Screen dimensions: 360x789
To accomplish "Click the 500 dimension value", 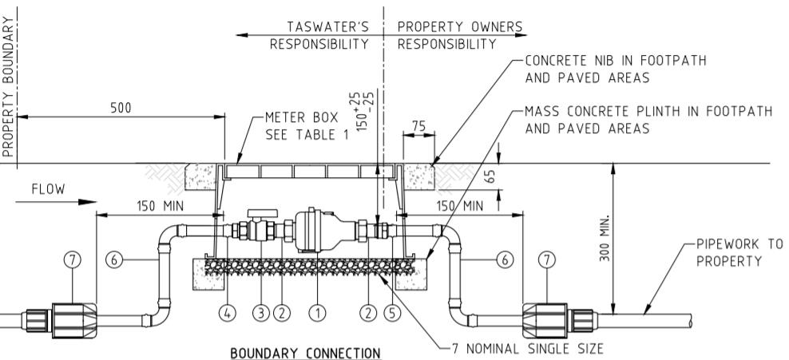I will pos(121,108).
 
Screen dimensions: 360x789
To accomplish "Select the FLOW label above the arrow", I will pos(48,190).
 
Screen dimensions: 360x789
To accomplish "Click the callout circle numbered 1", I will pos(317,312).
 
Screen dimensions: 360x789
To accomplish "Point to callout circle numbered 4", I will pos(230,312).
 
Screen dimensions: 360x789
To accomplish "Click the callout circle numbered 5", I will pos(391,312).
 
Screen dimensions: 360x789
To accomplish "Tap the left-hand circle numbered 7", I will pos(72,259).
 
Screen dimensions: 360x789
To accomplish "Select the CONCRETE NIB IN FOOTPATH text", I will pos(616,61).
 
